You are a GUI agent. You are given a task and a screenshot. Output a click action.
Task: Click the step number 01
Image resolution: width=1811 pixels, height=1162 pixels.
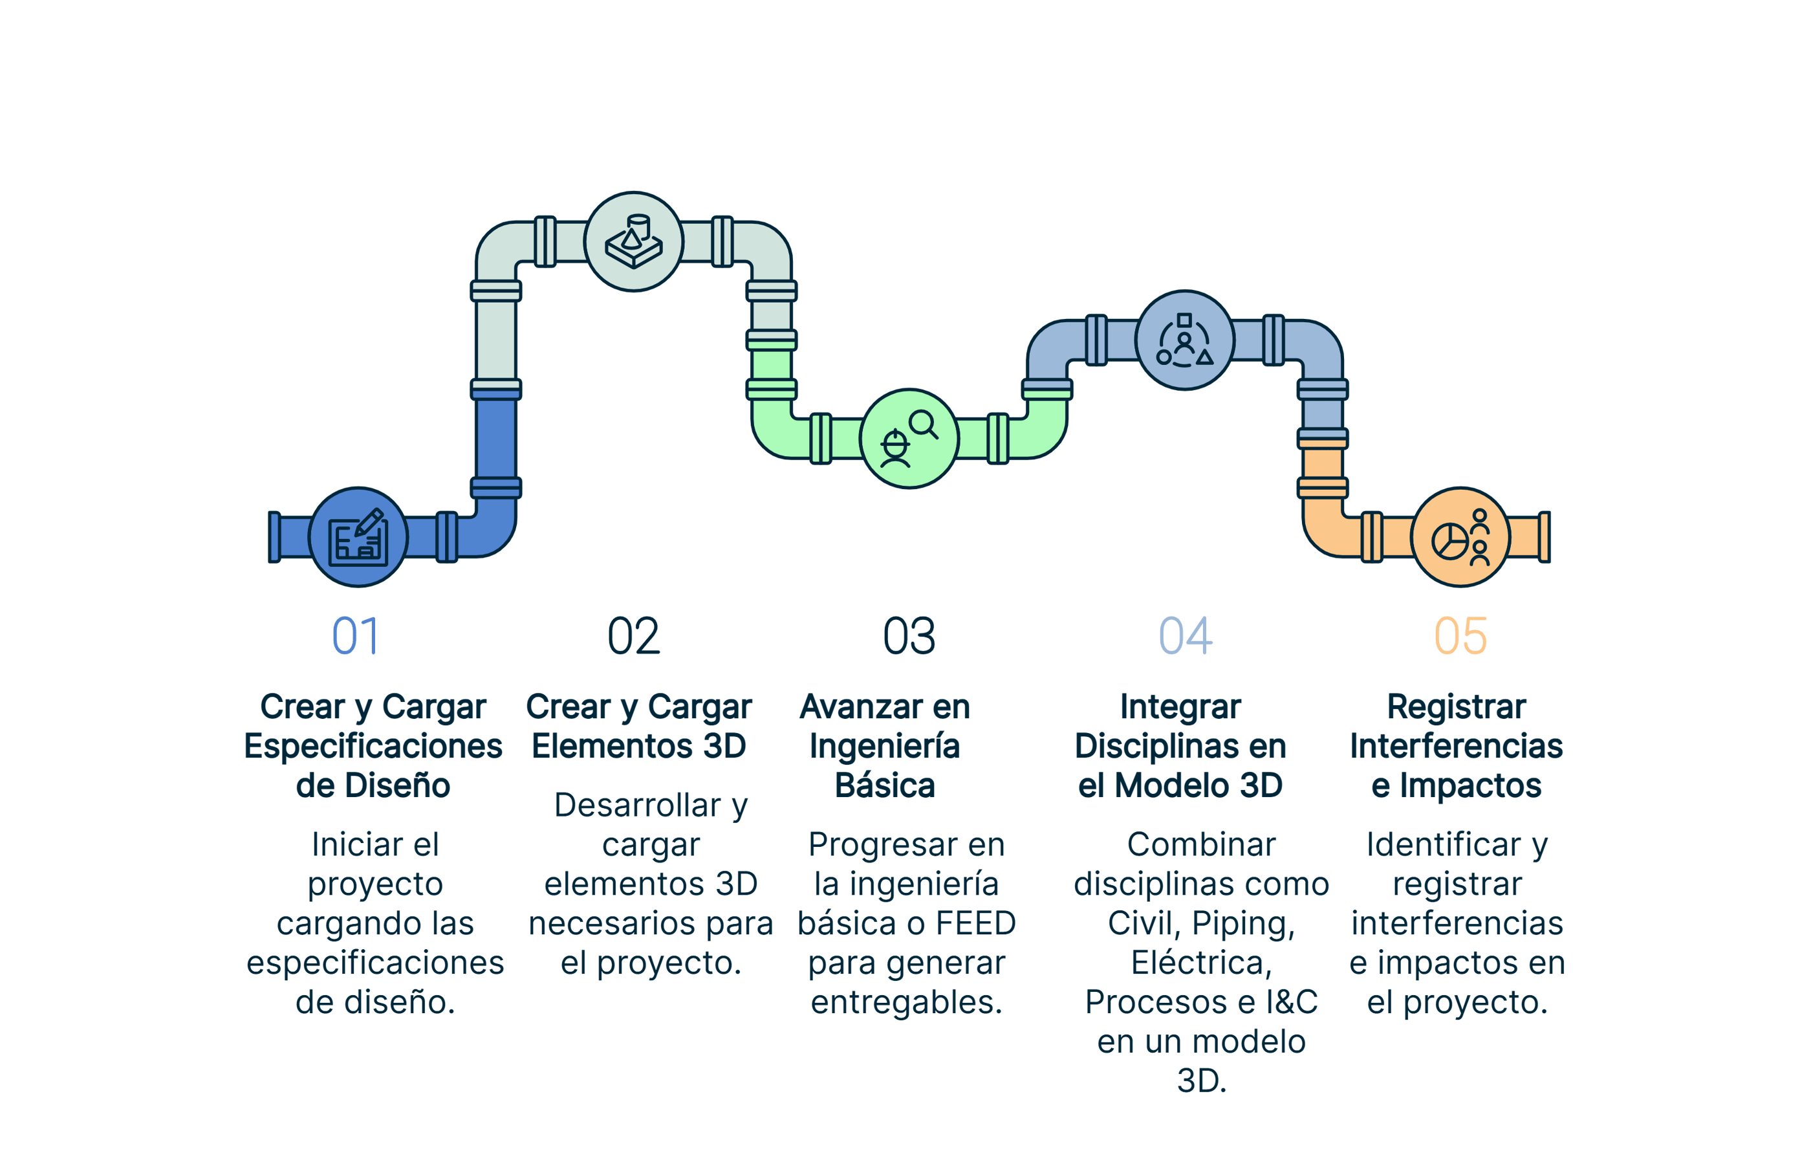[354, 636]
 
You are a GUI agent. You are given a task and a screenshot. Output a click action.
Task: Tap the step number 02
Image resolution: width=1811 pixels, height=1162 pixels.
[634, 636]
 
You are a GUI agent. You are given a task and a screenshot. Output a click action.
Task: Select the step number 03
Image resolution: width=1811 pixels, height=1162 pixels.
[909, 636]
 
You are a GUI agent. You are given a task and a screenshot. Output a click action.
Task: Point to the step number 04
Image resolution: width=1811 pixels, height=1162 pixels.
[1185, 636]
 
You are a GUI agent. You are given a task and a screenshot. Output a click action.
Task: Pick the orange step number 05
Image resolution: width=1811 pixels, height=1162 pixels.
[1460, 636]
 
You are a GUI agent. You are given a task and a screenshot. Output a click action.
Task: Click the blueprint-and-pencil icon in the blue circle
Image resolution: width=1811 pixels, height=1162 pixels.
[358, 537]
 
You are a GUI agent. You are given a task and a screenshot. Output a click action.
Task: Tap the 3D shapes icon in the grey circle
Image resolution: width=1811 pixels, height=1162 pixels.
[634, 241]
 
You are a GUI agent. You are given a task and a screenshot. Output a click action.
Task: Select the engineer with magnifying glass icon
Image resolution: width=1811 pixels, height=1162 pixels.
[909, 439]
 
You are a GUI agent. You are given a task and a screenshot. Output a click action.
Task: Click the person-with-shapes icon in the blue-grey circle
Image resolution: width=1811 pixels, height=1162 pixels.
[1185, 340]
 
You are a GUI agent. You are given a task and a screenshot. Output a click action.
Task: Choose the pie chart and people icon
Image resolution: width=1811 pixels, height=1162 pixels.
[1460, 537]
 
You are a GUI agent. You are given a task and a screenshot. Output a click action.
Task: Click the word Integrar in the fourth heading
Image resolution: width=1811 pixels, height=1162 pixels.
[1180, 708]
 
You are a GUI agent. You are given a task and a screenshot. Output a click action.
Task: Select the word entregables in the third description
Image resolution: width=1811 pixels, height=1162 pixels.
[906, 1002]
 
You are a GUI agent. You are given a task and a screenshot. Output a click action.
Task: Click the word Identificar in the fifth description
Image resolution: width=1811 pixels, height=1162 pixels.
[1444, 845]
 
